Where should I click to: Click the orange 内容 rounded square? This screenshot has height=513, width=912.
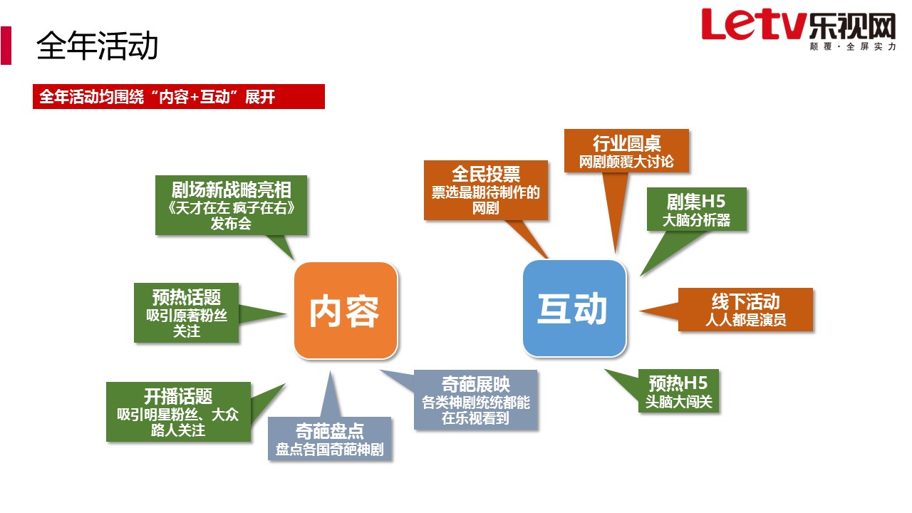pyautogui.click(x=346, y=311)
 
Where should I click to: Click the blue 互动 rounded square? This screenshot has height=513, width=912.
pyautogui.click(x=574, y=309)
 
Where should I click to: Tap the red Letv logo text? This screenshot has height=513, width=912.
pyautogui.click(x=754, y=24)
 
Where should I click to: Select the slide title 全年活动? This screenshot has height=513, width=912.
pyautogui.click(x=98, y=46)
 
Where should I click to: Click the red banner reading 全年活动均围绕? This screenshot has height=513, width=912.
pyautogui.click(x=179, y=96)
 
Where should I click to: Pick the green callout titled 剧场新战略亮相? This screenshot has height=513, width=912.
pyautogui.click(x=232, y=205)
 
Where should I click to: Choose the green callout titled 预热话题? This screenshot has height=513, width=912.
pyautogui.click(x=187, y=313)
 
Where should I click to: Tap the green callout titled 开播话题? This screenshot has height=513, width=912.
pyautogui.click(x=178, y=412)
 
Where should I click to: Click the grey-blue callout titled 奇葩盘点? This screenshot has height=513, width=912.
pyautogui.click(x=329, y=438)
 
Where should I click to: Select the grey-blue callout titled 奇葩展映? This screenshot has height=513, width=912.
pyautogui.click(x=475, y=400)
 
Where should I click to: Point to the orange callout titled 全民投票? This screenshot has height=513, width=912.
pyautogui.click(x=486, y=190)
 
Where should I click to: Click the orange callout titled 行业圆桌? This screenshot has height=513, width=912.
pyautogui.click(x=626, y=150)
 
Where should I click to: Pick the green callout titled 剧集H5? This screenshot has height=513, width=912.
pyautogui.click(x=697, y=209)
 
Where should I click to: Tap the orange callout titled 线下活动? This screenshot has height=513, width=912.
pyautogui.click(x=745, y=309)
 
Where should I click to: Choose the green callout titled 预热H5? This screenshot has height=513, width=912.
pyautogui.click(x=678, y=391)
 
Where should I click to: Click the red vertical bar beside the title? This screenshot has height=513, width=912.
pyautogui.click(x=6, y=46)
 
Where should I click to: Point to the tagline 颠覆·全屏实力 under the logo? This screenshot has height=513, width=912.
pyautogui.click(x=853, y=47)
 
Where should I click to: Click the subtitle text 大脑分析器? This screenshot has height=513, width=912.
pyautogui.click(x=697, y=220)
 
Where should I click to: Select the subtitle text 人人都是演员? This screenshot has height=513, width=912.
pyautogui.click(x=745, y=320)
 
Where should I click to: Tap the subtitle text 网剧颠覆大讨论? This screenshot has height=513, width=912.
pyautogui.click(x=626, y=162)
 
